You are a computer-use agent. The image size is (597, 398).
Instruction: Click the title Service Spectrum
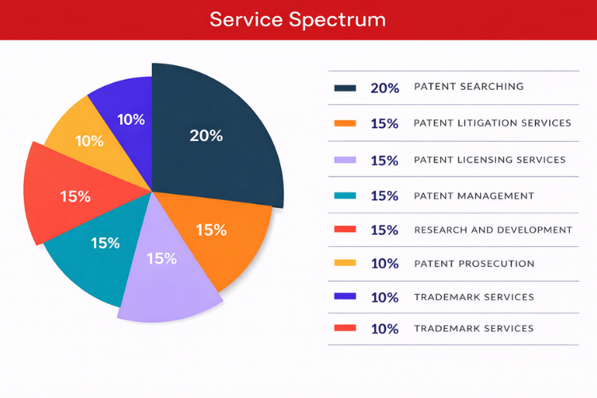(298, 19)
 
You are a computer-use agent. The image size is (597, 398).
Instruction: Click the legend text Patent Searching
(469, 87)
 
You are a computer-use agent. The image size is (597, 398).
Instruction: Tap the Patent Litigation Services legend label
(493, 123)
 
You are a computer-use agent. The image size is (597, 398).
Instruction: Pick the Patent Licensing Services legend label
(490, 160)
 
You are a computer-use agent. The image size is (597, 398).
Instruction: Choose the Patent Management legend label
(474, 196)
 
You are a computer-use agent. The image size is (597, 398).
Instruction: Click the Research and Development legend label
(493, 230)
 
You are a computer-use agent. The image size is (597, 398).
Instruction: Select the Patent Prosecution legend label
(474, 263)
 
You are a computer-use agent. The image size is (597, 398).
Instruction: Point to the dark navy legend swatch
(345, 88)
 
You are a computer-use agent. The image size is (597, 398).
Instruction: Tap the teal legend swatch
(345, 196)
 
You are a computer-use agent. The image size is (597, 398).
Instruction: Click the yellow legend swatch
(345, 263)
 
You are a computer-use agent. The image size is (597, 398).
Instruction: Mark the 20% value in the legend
(384, 88)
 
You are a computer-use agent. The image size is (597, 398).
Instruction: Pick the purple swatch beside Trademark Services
(345, 297)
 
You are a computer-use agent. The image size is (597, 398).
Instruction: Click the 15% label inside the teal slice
(105, 243)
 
